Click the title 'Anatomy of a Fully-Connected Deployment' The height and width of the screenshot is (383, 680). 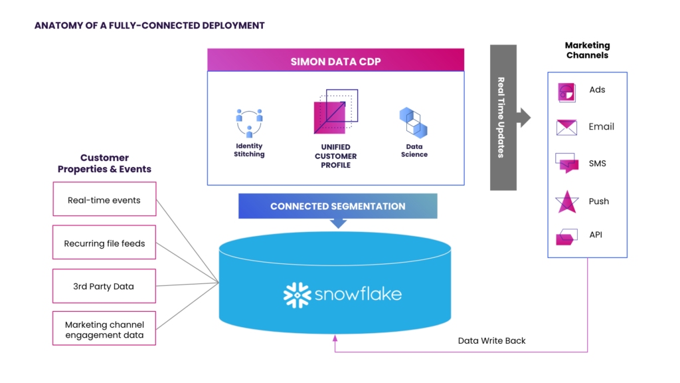pyautogui.click(x=149, y=26)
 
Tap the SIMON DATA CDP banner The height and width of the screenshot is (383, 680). pyautogui.click(x=335, y=61)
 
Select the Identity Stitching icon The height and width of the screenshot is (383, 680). pyautogui.click(x=249, y=123)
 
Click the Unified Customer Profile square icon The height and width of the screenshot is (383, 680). pyautogui.click(x=335, y=112)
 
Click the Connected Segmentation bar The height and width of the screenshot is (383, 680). pyautogui.click(x=337, y=206)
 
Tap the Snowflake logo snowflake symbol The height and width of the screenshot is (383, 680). pyautogui.click(x=297, y=295)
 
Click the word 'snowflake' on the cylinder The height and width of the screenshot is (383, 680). pyautogui.click(x=358, y=294)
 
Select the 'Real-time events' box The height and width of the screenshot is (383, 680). pyautogui.click(x=104, y=199)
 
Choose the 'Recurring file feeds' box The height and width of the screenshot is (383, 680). pyautogui.click(x=104, y=243)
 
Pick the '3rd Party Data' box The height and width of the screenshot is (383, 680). pyautogui.click(x=104, y=286)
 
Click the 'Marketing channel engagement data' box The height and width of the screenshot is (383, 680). pyautogui.click(x=104, y=329)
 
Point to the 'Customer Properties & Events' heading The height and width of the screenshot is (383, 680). pyautogui.click(x=104, y=164)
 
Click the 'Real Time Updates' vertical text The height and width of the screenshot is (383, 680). pyautogui.click(x=502, y=117)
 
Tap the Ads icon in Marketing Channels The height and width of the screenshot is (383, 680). pyautogui.click(x=566, y=92)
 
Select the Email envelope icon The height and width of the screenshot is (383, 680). pyautogui.click(x=566, y=127)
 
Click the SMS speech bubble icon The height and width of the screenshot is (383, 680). pyautogui.click(x=566, y=163)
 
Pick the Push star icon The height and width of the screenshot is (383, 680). pyautogui.click(x=566, y=201)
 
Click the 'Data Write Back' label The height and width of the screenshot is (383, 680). pyautogui.click(x=491, y=340)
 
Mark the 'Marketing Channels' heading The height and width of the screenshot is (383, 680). pyautogui.click(x=587, y=51)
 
